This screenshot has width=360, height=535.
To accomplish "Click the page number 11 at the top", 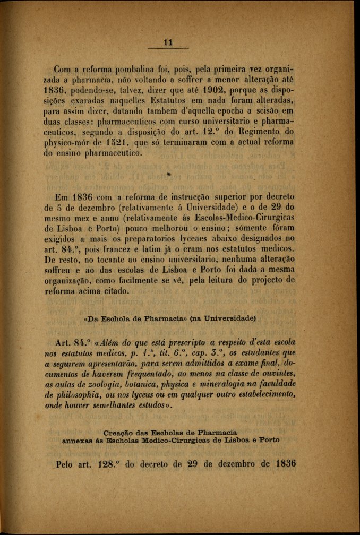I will point(169,43).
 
